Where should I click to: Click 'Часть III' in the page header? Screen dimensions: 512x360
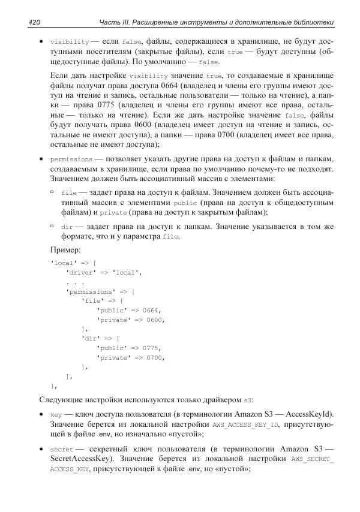coord(116,23)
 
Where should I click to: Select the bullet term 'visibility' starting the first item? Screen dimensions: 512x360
coord(69,42)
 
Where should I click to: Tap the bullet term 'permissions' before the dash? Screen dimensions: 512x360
coord(71,160)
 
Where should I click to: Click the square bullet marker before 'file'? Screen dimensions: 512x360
coord(53,193)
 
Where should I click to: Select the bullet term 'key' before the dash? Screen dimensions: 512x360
coord(56,414)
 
